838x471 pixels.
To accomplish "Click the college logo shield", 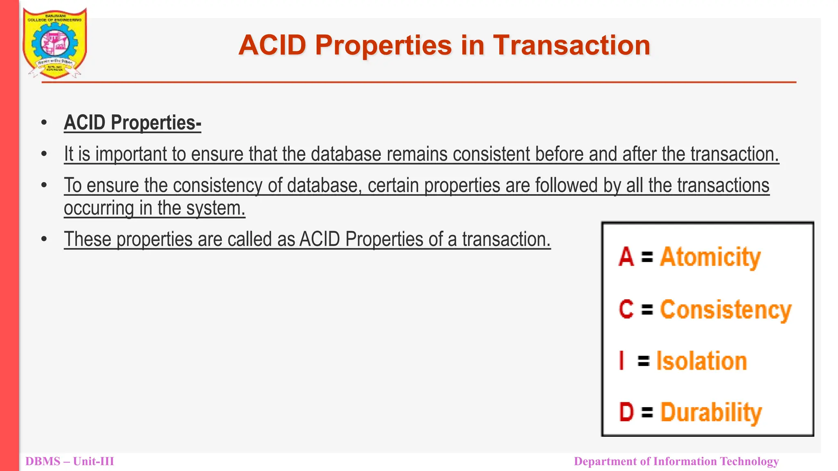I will click(54, 43).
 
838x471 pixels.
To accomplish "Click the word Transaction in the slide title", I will click(572, 45).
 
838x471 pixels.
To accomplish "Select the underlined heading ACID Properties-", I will click(132, 123).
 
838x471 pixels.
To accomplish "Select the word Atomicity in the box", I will click(710, 257).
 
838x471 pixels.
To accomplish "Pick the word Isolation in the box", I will click(702, 361).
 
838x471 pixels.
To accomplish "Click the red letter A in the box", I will click(626, 257).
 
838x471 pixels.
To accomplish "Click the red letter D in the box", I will click(626, 412).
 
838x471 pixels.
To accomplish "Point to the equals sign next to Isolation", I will click(644, 361).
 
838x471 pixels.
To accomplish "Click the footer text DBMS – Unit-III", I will click(70, 462).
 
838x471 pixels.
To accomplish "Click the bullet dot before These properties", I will click(44, 239).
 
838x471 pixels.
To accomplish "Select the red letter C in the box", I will click(626, 310).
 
